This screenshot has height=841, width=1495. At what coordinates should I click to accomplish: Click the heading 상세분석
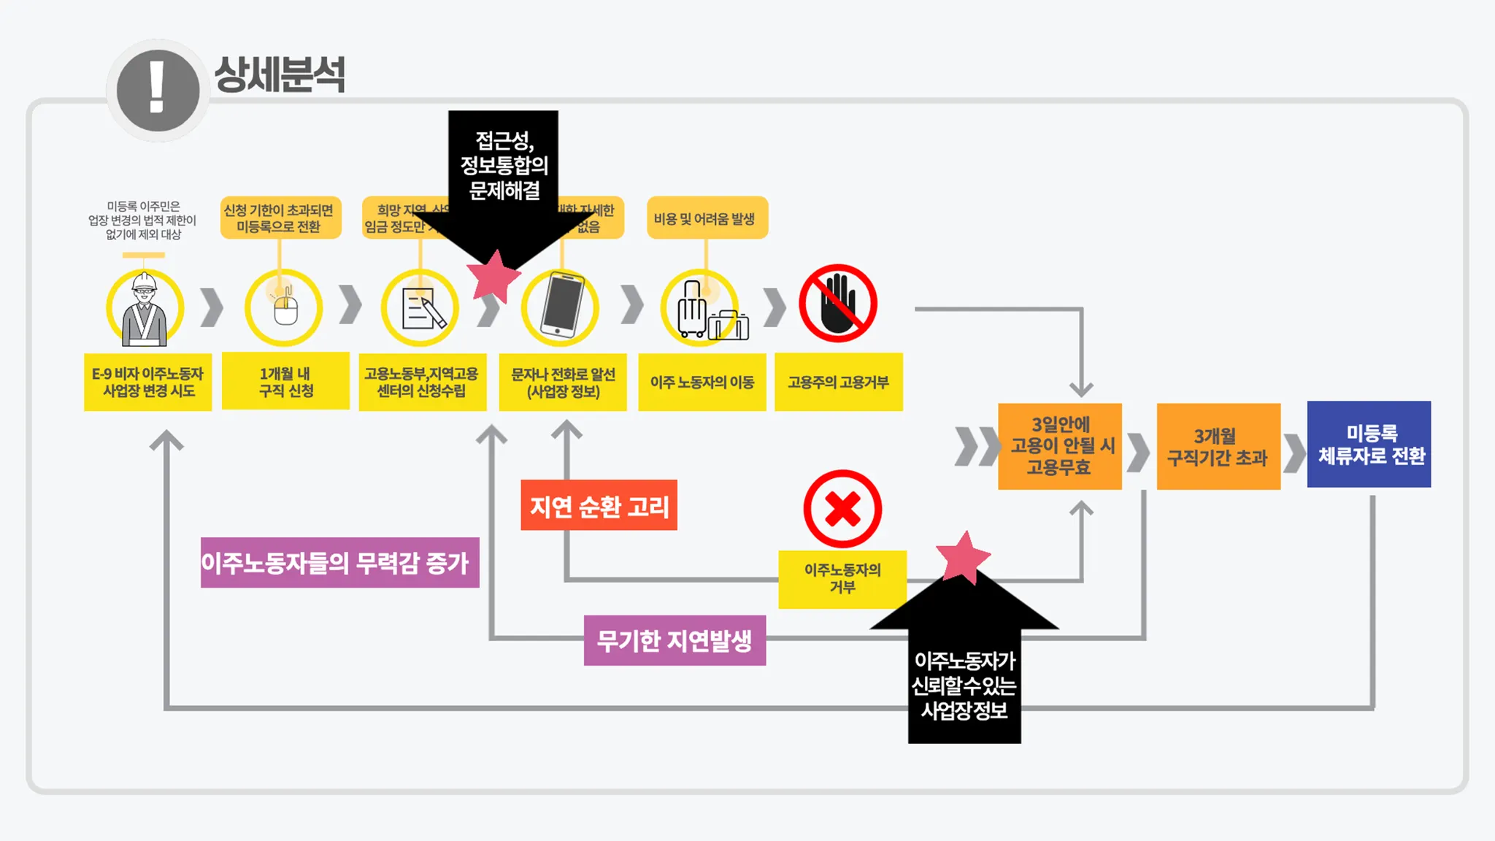point(280,74)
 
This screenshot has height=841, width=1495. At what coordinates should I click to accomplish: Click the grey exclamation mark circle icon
point(158,91)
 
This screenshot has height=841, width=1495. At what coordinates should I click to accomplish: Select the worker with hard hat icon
point(145,307)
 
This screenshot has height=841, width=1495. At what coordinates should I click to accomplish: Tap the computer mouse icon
point(284,307)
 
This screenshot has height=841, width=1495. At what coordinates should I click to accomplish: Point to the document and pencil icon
point(421,308)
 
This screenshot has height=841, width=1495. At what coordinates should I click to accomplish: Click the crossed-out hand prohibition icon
point(838,304)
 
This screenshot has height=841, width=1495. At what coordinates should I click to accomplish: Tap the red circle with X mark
point(842,509)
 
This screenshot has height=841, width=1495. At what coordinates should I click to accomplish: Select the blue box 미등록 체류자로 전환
point(1369,444)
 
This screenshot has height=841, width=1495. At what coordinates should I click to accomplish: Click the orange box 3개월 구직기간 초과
point(1218,447)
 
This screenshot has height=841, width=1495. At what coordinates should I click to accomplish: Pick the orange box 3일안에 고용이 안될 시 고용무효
point(1060,446)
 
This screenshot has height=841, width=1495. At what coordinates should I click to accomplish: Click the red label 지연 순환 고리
point(599,505)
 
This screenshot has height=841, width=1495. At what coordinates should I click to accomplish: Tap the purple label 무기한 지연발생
point(675,640)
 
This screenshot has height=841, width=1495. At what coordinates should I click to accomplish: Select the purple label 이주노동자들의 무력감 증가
point(339,562)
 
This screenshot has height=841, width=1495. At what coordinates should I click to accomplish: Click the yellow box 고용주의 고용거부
point(838,382)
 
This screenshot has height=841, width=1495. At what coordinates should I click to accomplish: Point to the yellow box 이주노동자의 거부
point(842,579)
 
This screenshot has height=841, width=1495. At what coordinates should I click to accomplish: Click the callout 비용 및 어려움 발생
point(707,218)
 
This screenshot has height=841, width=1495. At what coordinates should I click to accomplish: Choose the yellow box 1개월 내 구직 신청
point(285,382)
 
